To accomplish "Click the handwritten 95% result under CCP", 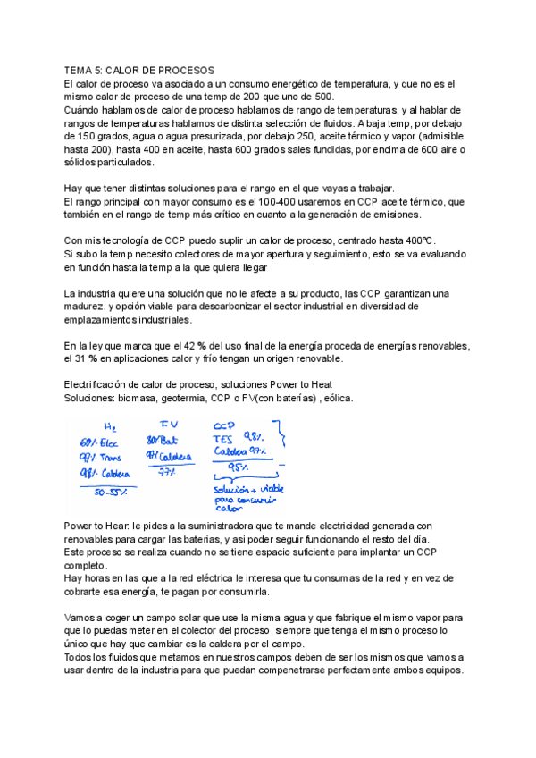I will point(239,467).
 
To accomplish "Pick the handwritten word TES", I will point(222,438).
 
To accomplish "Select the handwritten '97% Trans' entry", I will point(100,458).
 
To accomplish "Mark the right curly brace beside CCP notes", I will point(284,443).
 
